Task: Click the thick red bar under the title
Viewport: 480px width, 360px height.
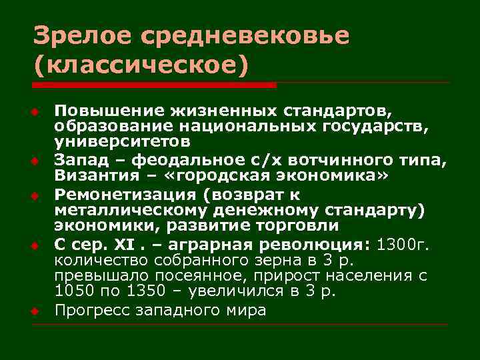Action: (x=154, y=85)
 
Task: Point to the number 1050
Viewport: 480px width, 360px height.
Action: (x=69, y=292)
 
